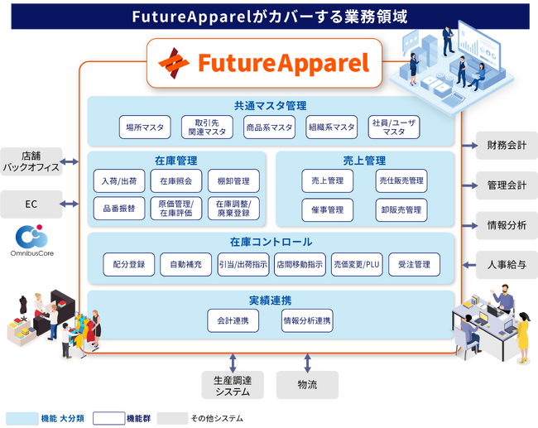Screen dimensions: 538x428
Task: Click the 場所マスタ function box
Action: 145,127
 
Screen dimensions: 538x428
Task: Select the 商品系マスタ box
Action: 269,127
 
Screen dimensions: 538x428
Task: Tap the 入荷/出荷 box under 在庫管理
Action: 119,180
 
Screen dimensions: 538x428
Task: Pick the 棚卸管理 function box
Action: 233,180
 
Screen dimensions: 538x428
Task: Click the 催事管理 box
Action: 327,210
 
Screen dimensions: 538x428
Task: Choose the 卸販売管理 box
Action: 401,210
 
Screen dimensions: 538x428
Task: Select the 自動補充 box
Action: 185,265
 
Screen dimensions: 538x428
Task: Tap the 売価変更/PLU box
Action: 357,265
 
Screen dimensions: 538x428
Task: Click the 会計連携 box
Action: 233,321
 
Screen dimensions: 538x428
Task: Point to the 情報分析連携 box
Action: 307,321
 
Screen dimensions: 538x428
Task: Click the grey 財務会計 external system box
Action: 507,146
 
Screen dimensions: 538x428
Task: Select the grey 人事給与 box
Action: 507,265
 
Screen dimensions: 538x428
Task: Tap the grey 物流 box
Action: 307,385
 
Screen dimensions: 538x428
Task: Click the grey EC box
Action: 31,204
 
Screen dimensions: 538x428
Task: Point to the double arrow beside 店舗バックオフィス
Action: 70,161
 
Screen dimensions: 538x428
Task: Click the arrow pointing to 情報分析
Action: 470,226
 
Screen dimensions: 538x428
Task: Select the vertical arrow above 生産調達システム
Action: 233,363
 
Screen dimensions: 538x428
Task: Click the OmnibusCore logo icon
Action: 31,236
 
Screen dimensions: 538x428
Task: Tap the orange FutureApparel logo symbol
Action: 174,63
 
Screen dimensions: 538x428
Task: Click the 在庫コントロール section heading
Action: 271,242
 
